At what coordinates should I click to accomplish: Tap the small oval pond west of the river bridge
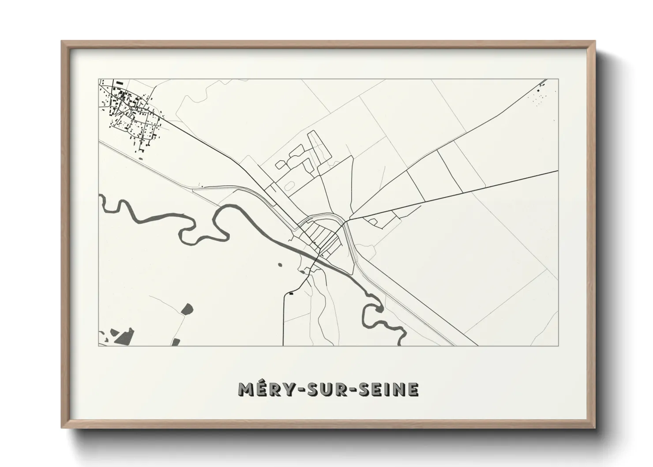pos(279,265)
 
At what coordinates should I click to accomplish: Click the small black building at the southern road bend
pos(290,293)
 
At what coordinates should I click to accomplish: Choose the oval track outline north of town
pos(290,186)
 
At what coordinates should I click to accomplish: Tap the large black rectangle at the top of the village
pos(119,83)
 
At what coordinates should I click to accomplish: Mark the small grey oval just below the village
pos(141,151)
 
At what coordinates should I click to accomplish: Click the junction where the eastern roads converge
pos(349,219)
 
